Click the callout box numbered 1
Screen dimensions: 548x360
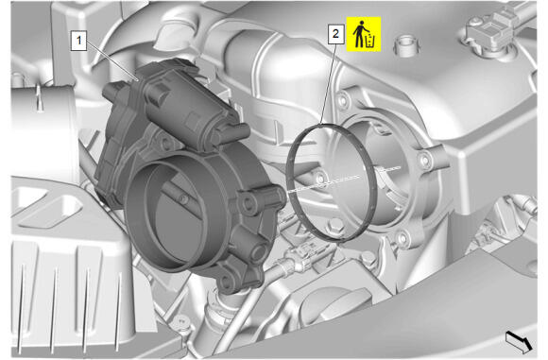[78, 41]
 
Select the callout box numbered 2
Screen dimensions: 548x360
[335, 34]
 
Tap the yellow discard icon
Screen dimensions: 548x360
[364, 34]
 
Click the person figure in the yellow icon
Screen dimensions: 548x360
[359, 34]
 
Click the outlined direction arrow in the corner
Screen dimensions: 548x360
[519, 342]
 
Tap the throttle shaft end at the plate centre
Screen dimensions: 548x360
[181, 198]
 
